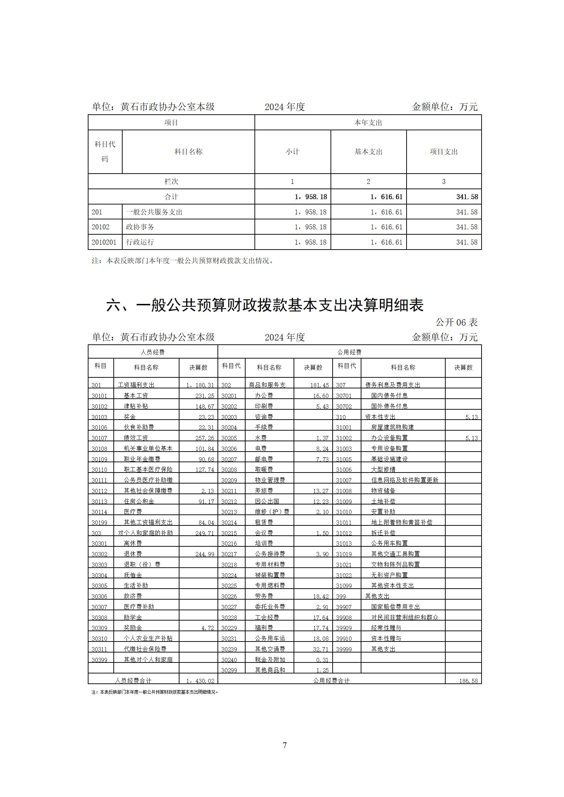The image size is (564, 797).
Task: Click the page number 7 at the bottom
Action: tap(284, 745)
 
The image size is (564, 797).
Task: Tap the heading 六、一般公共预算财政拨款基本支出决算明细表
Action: tap(265, 305)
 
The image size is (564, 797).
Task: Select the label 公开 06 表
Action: tap(456, 322)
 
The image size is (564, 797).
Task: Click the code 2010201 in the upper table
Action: tap(104, 242)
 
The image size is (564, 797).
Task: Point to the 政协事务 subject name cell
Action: tap(140, 227)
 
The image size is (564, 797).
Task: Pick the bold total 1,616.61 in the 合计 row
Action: tap(386, 197)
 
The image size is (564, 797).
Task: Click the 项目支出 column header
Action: tap(444, 152)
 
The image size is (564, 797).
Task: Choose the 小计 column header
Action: tap(292, 152)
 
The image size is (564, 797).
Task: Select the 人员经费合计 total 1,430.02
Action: tap(200, 681)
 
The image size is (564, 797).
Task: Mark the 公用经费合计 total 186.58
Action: tap(468, 681)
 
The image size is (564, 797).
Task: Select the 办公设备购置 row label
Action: tap(390, 438)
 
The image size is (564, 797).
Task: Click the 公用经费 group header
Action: tap(349, 353)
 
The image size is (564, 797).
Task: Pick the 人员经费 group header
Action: tap(152, 353)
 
